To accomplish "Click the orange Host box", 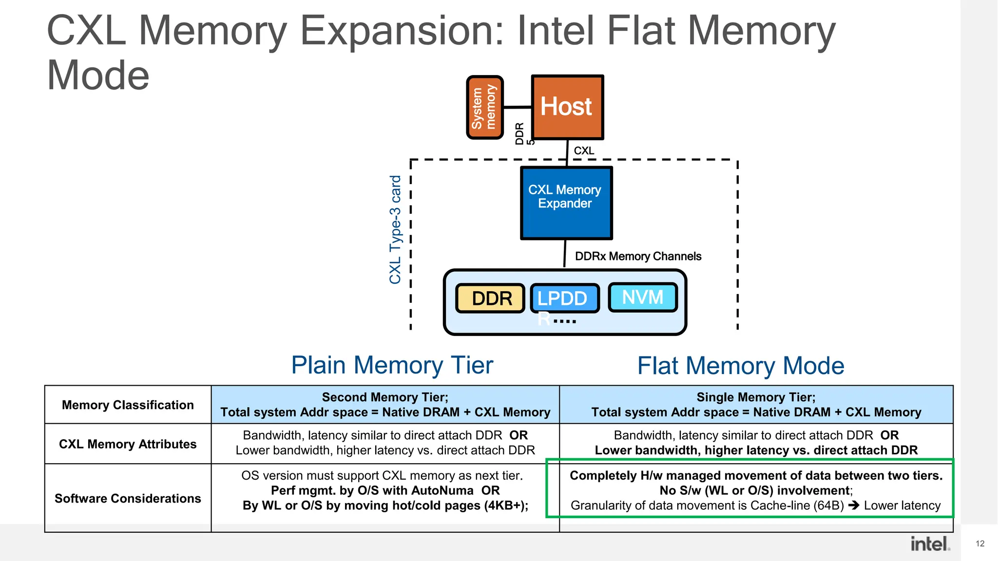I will pyautogui.click(x=567, y=107).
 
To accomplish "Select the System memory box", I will pyautogui.click(x=484, y=107).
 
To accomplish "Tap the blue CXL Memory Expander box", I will pyautogui.click(x=566, y=203).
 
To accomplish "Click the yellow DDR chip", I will pyautogui.click(x=490, y=298).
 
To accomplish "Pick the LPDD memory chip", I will pyautogui.click(x=564, y=298).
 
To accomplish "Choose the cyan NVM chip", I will pyautogui.click(x=643, y=297).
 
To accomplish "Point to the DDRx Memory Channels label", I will pyautogui.click(x=638, y=256).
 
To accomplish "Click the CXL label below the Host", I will pyautogui.click(x=584, y=150).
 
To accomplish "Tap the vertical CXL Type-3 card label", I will pyautogui.click(x=395, y=229).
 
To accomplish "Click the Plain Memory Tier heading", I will pyautogui.click(x=392, y=365).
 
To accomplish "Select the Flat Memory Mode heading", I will pyautogui.click(x=740, y=366).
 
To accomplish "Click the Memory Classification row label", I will pyautogui.click(x=128, y=405).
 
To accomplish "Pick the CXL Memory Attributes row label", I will pyautogui.click(x=128, y=444).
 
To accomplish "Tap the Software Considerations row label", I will pyautogui.click(x=128, y=498).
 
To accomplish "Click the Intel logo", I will pyautogui.click(x=930, y=544).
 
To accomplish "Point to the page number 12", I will pyautogui.click(x=980, y=543).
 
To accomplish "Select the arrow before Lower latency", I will pyautogui.click(x=853, y=505).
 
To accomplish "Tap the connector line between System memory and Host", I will pyautogui.click(x=517, y=107).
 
